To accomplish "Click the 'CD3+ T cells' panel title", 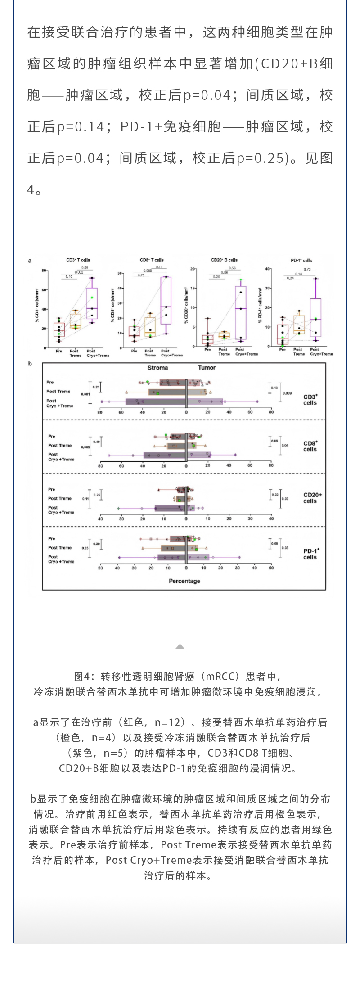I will point(78,260).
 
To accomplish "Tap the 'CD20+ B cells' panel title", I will point(224,260).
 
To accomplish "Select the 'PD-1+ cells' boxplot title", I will point(301,260).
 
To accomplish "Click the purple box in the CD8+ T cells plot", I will point(166,300).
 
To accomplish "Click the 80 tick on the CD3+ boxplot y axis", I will point(44,271).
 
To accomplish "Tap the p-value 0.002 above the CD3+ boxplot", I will point(79,272).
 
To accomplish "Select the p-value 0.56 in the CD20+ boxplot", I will point(232,268).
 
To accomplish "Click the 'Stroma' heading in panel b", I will point(157,368).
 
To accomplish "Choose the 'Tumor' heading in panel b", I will point(207,368).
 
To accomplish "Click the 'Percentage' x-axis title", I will point(184,581).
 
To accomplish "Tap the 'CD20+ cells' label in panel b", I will point(312,498).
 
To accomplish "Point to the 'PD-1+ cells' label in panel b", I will point(310,554).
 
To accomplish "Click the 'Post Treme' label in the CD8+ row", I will point(60,446).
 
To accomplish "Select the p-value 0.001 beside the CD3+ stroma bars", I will point(85,394).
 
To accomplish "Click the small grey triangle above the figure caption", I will point(180,646).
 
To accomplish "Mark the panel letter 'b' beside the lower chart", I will point(30,364).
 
